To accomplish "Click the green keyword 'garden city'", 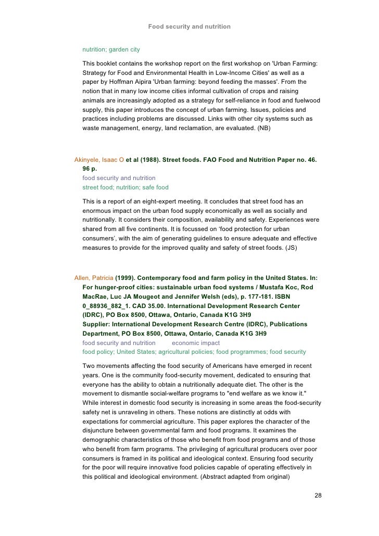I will coord(124,49).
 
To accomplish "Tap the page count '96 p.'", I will coord(90,169).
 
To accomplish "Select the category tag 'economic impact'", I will coord(196,343).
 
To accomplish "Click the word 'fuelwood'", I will coord(306,101).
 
